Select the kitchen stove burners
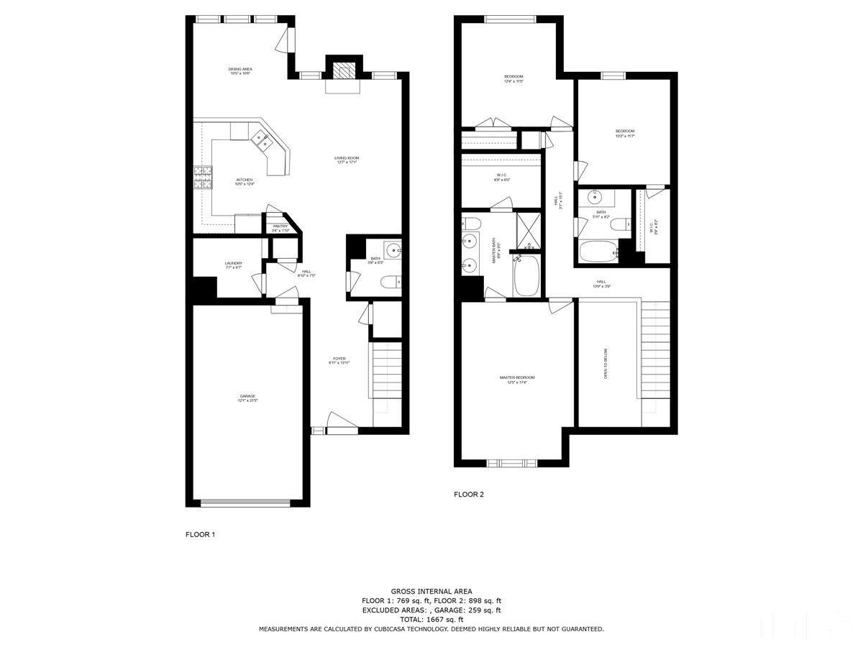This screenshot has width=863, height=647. [x=204, y=177]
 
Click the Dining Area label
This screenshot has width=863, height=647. [x=241, y=70]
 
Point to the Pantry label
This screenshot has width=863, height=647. [x=280, y=228]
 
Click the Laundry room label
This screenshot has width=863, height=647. [x=233, y=265]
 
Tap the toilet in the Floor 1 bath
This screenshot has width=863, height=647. [x=391, y=281]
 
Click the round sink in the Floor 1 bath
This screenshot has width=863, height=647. [x=393, y=251]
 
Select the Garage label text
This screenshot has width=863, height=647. [x=247, y=397]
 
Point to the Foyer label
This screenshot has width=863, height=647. [x=339, y=359]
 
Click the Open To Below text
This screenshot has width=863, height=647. [x=606, y=364]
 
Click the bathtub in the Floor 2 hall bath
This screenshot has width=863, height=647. [x=597, y=252]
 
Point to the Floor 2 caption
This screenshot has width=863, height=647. [x=469, y=495]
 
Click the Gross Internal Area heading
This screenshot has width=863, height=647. [x=431, y=591]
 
